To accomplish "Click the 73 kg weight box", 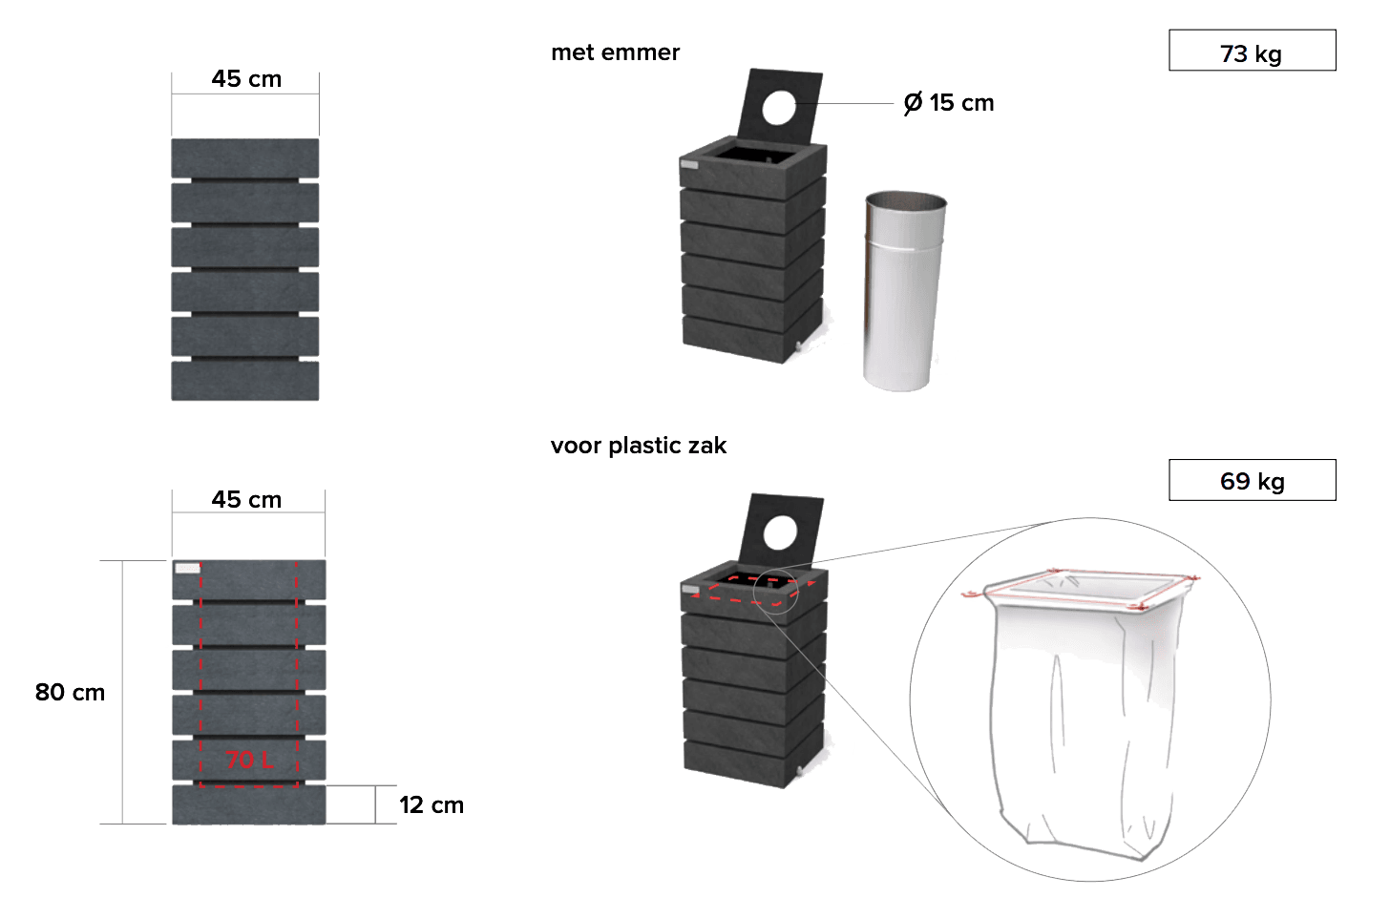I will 1252,52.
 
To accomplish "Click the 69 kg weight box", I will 1252,480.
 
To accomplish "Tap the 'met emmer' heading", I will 615,52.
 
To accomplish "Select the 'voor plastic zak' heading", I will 638,446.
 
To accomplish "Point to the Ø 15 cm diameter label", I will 949,103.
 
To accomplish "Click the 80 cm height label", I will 70,693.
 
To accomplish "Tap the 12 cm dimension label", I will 432,805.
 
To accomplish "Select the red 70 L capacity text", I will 250,760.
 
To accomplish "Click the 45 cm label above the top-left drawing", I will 246,79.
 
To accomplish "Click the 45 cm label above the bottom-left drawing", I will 246,500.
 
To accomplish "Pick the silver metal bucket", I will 903,290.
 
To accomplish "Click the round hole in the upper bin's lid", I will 779,107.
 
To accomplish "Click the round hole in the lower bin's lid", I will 781,532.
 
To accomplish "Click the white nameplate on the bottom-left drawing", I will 188,569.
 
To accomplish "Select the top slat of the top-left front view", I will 245,157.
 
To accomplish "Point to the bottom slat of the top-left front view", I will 245,381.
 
